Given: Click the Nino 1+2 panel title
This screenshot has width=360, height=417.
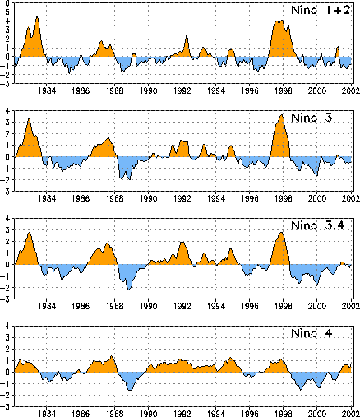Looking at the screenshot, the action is click(x=321, y=10).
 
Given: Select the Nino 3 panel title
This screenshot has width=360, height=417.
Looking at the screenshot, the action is click(x=312, y=118).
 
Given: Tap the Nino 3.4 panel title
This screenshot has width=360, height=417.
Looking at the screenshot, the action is click(x=317, y=225).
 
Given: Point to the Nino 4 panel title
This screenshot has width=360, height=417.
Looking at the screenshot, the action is click(x=312, y=333).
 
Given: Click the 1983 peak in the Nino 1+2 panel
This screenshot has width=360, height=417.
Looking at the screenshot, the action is click(x=37, y=17).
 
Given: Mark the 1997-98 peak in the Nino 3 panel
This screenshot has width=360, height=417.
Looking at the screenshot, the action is click(x=282, y=115).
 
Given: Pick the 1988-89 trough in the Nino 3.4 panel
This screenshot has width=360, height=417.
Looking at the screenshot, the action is click(x=129, y=290).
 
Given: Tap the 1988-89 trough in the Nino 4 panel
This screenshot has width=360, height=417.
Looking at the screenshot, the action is click(x=130, y=390).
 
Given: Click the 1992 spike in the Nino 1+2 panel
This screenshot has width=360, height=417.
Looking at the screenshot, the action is click(x=187, y=36).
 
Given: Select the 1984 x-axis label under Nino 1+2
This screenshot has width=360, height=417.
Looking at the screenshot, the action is click(x=47, y=90).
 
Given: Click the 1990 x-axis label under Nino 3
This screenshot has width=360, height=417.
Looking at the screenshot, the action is click(x=149, y=198).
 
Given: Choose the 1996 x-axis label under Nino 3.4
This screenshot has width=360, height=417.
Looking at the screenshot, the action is click(x=250, y=306).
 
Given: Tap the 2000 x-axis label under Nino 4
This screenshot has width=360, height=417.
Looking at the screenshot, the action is click(x=317, y=414).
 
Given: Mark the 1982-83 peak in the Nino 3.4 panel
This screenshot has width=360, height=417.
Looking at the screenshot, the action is click(x=30, y=233).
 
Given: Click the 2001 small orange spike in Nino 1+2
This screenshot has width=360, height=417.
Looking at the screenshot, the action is click(x=338, y=48).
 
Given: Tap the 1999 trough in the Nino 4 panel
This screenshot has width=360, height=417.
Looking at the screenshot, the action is click(x=301, y=389).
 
